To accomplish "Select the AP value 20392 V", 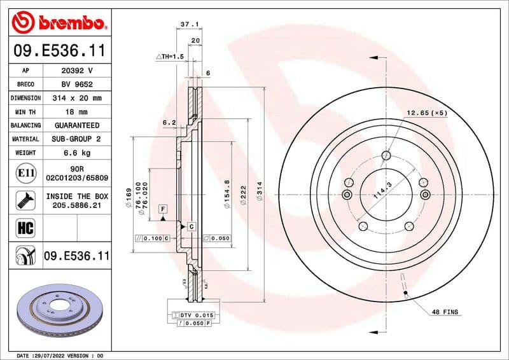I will click(77, 70).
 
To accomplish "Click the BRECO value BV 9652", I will click(77, 84).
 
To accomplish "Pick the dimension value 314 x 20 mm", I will click(77, 98).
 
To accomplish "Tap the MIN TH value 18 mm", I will click(77, 112).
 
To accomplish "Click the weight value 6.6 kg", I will click(77, 153).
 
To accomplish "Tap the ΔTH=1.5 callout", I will click(170, 57).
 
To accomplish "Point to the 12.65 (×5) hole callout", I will click(427, 113).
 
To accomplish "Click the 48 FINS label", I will click(445, 312).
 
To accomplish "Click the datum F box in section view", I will click(163, 209).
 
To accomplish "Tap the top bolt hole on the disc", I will click(386, 155).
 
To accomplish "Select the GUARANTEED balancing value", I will click(77, 125).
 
